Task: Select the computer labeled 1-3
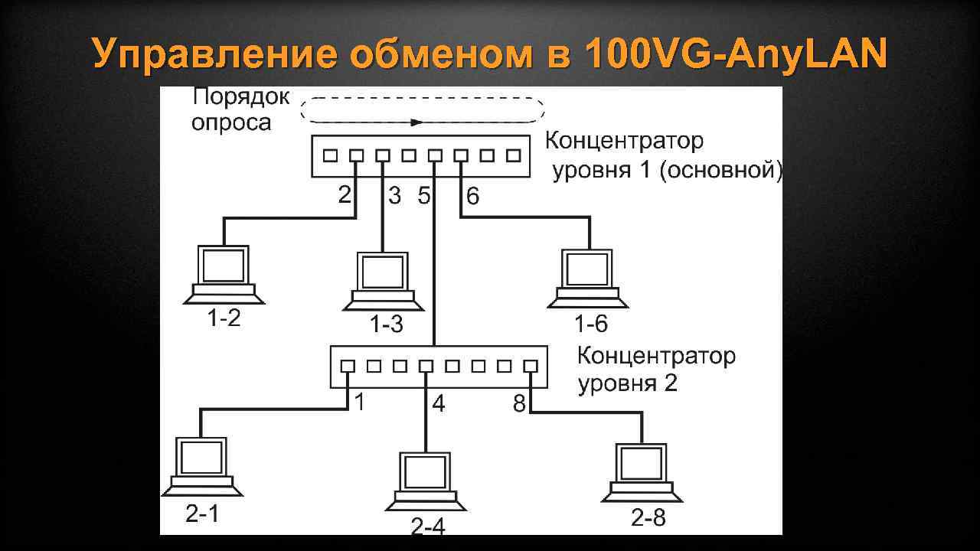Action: [x=383, y=280]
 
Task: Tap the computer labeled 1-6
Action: [x=588, y=277]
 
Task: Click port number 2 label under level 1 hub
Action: [x=345, y=195]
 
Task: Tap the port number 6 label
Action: [x=473, y=197]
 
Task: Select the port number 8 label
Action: [x=519, y=403]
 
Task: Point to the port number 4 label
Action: [x=438, y=403]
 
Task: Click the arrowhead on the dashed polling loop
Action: [x=416, y=122]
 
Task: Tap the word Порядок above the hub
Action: [x=241, y=98]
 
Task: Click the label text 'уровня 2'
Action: [x=627, y=383]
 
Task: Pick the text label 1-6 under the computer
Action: [x=591, y=325]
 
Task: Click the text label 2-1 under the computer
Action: [x=202, y=514]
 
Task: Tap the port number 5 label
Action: [x=423, y=197]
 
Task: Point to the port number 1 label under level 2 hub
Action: [x=359, y=403]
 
